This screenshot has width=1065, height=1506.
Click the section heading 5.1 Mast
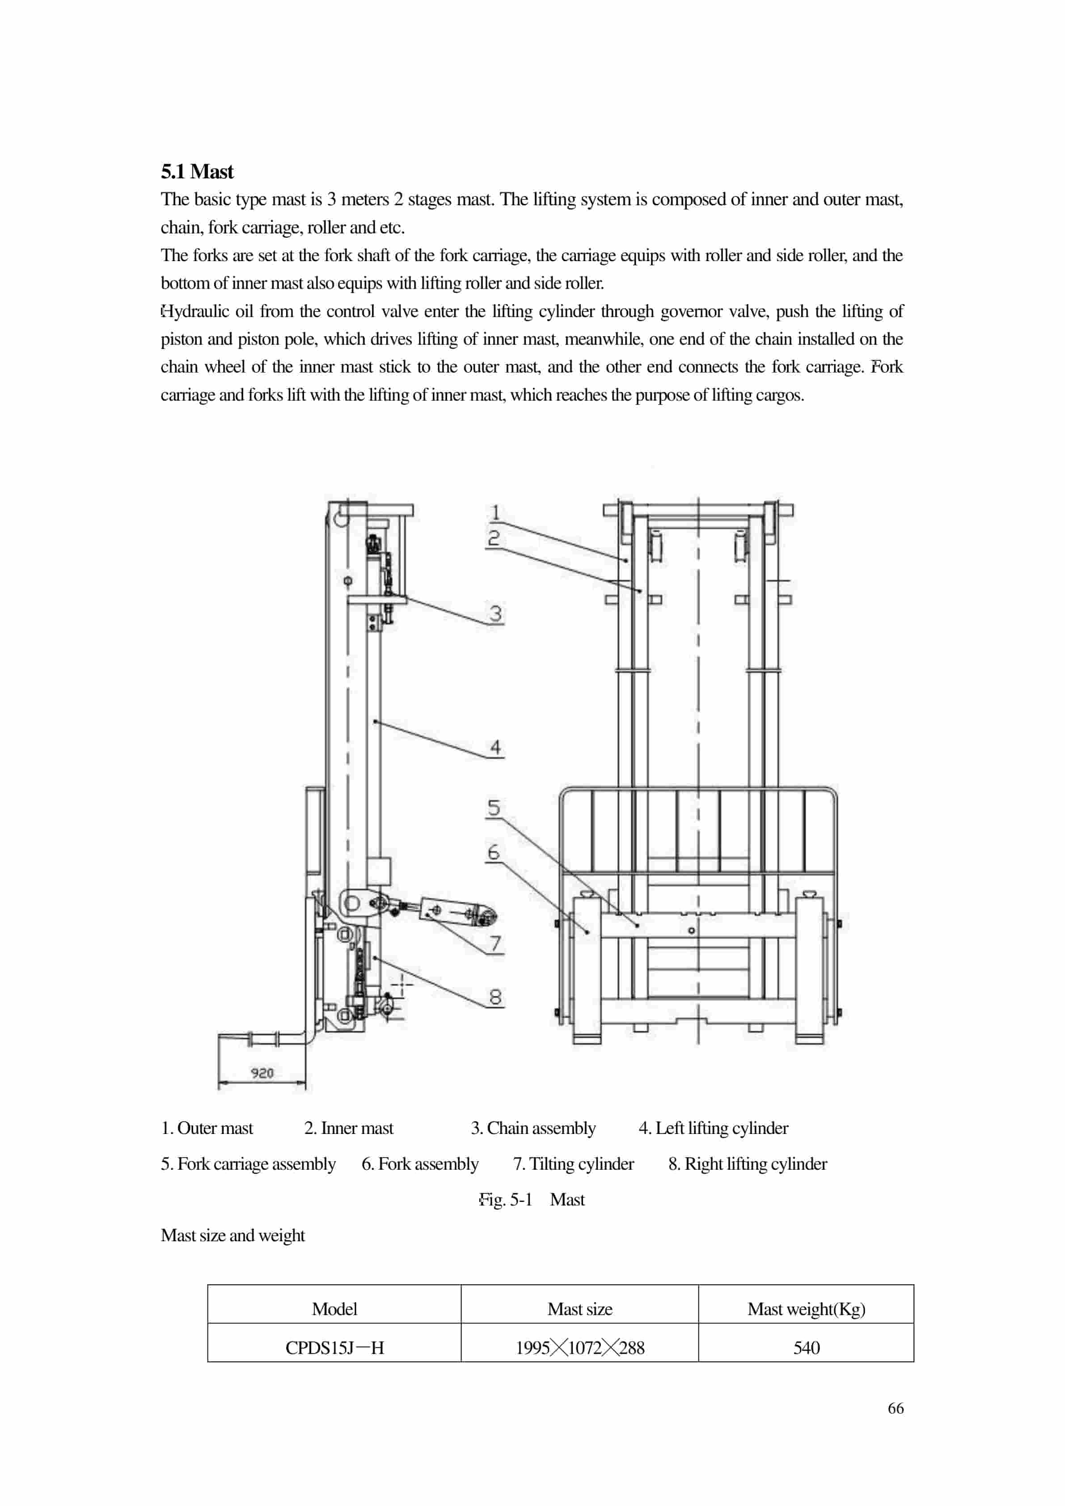(x=197, y=172)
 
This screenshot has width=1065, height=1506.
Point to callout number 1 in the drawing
(x=495, y=512)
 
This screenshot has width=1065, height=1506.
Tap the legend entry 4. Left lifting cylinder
(x=713, y=1128)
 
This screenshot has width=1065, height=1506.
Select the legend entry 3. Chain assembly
(x=532, y=1128)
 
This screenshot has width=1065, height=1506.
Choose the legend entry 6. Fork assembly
(x=420, y=1163)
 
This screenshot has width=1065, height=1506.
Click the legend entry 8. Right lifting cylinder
(x=748, y=1163)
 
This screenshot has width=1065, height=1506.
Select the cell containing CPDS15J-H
(x=334, y=1348)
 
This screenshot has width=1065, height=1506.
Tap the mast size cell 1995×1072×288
(x=580, y=1348)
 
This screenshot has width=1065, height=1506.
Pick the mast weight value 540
(x=806, y=1348)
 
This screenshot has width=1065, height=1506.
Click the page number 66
(x=895, y=1408)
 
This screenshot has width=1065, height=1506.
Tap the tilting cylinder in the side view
(x=452, y=910)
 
